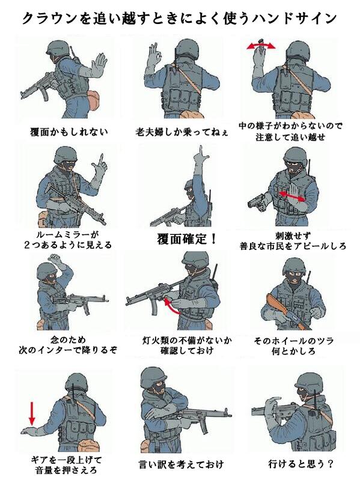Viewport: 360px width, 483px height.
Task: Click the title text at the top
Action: [x=180, y=18]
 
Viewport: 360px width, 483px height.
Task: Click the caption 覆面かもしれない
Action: [x=69, y=132]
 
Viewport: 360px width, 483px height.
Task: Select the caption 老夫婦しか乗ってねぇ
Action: [x=182, y=132]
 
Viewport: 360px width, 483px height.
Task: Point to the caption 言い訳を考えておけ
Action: [x=181, y=464]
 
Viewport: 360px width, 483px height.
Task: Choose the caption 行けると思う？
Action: [x=301, y=464]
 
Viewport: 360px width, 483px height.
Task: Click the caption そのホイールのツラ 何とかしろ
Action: [x=293, y=346]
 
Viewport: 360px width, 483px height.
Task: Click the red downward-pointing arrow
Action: [x=32, y=413]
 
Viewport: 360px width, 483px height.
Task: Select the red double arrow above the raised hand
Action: [x=261, y=46]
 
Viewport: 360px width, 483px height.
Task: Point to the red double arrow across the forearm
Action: [x=292, y=196]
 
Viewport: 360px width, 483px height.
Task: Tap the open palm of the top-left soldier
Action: [x=100, y=64]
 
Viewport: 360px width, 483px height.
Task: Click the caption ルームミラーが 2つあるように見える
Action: [x=68, y=240]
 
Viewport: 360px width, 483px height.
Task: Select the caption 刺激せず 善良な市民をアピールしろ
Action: [x=293, y=241]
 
